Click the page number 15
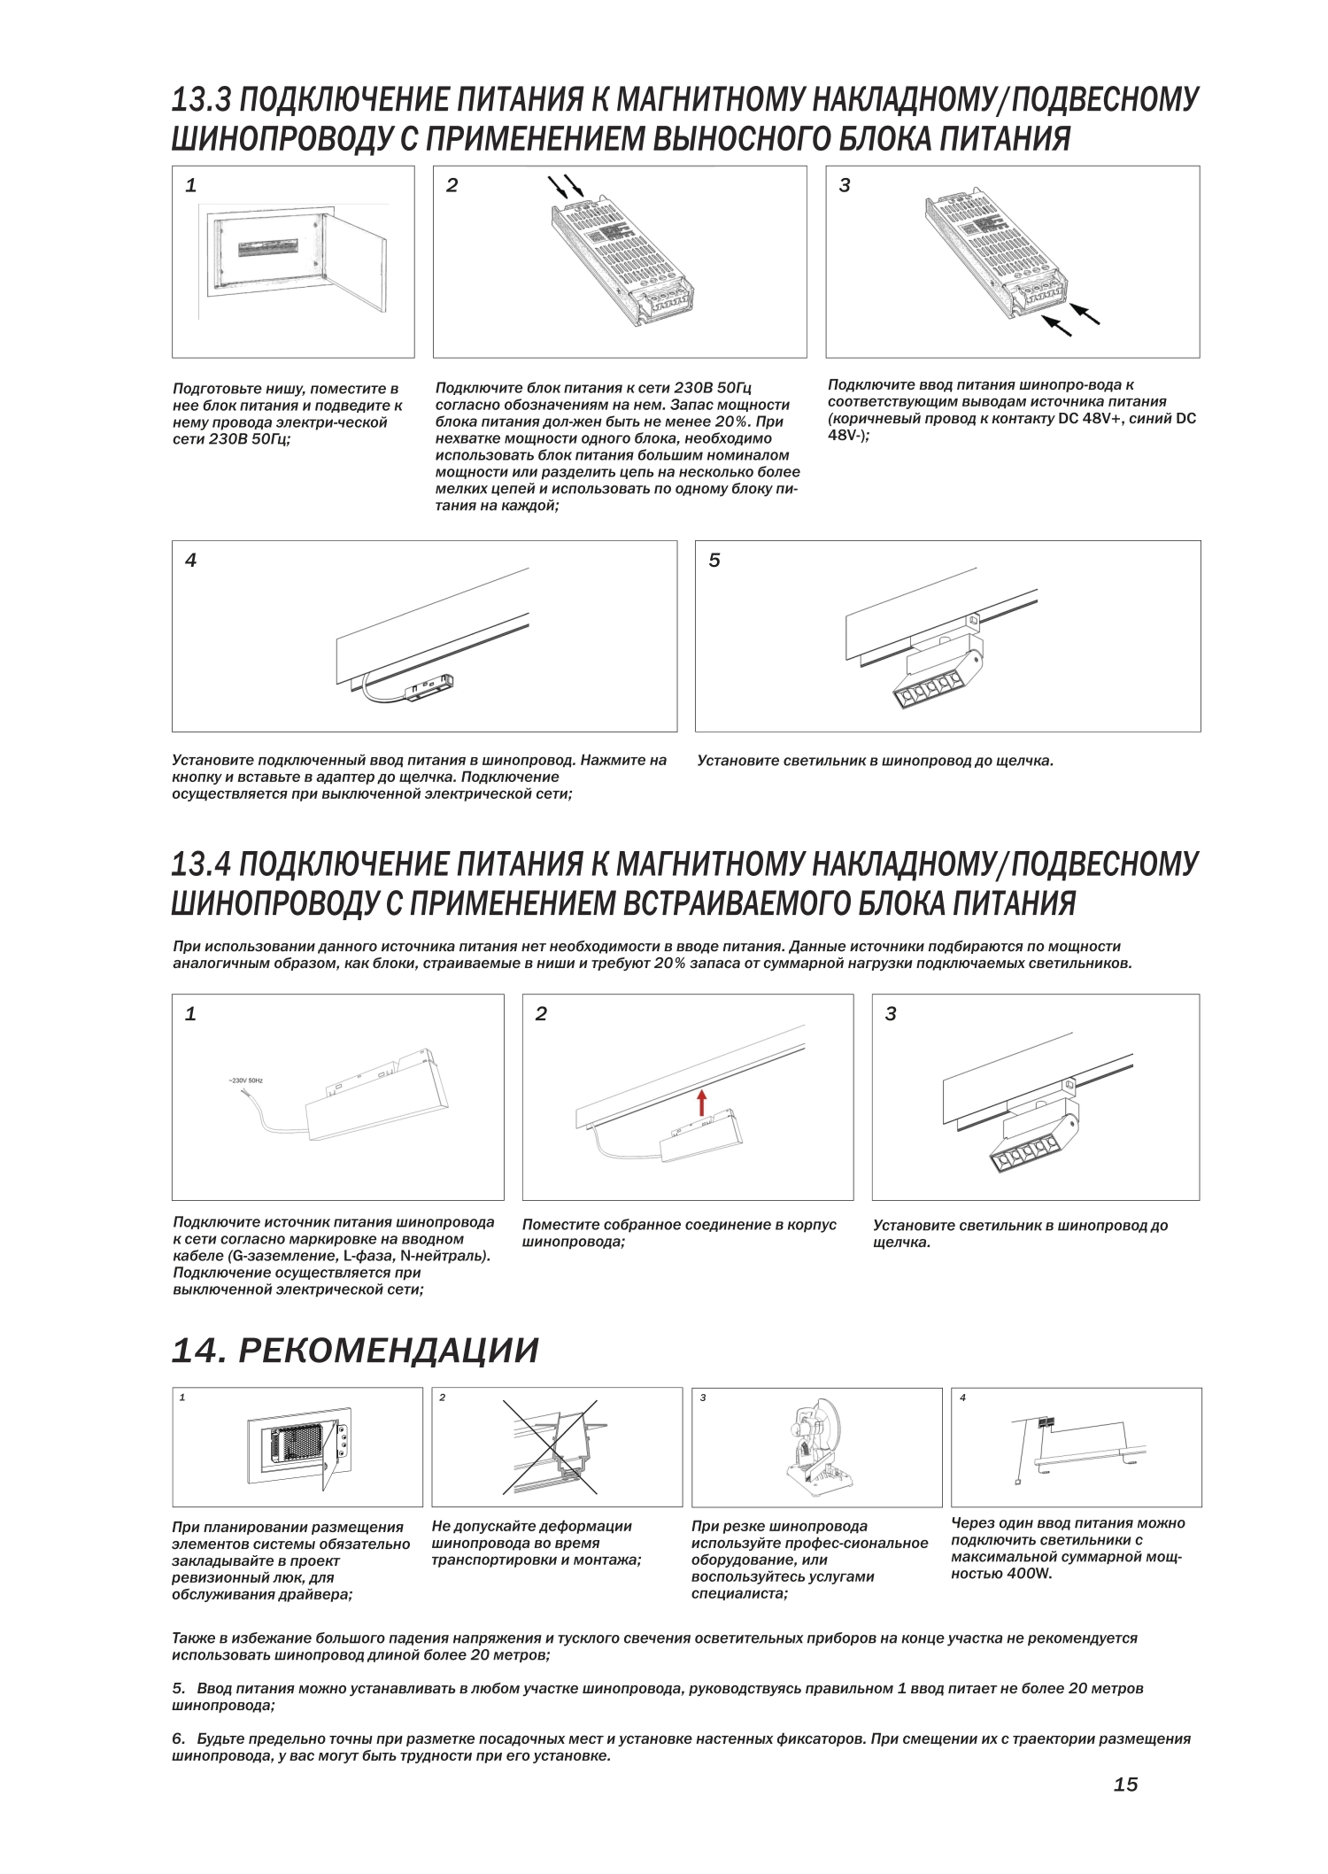pyautogui.click(x=1125, y=1784)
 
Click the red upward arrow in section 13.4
pyautogui.click(x=701, y=1103)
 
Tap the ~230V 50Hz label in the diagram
pyautogui.click(x=246, y=1080)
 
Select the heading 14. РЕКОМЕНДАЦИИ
pyautogui.click(x=355, y=1351)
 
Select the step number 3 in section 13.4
pyautogui.click(x=891, y=1014)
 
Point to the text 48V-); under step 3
pyautogui.click(x=848, y=436)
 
